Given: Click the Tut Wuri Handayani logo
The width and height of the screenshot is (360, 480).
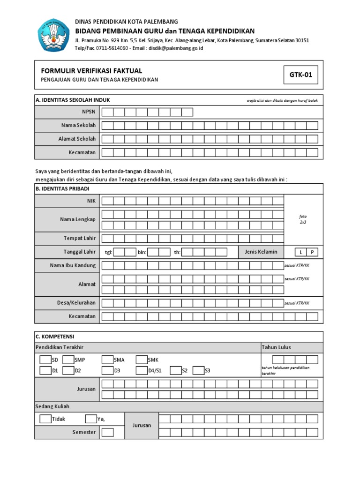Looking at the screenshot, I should point(53,35).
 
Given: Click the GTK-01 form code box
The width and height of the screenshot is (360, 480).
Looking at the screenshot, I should point(300,75).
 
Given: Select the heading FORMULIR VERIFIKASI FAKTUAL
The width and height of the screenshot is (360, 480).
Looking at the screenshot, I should point(91,71).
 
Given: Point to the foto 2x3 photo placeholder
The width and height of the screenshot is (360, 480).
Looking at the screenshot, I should point(303,219).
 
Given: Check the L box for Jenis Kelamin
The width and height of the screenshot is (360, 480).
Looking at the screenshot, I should point(301,252).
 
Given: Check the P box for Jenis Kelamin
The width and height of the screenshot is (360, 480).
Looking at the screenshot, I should point(312,252).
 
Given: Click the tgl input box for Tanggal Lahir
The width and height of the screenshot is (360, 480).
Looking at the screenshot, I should point(125,252).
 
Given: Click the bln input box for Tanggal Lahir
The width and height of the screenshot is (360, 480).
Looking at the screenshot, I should point(159,252).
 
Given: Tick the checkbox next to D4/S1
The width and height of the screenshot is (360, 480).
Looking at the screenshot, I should point(142,371).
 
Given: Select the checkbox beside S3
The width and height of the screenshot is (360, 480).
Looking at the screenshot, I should point(198,371).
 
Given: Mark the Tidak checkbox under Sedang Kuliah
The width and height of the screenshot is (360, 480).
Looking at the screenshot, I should point(45,419).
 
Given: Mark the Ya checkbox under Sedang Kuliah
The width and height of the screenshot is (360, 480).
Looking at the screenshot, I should point(91,419).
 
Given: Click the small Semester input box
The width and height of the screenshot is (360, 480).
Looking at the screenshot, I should point(107,432).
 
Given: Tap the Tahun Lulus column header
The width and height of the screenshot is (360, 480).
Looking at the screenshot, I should point(277,347).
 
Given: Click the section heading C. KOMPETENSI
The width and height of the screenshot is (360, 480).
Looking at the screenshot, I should point(55,337).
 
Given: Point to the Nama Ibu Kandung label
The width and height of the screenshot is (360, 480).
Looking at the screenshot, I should point(73,265).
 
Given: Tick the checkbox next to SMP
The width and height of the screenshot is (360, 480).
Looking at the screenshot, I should point(68,360).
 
